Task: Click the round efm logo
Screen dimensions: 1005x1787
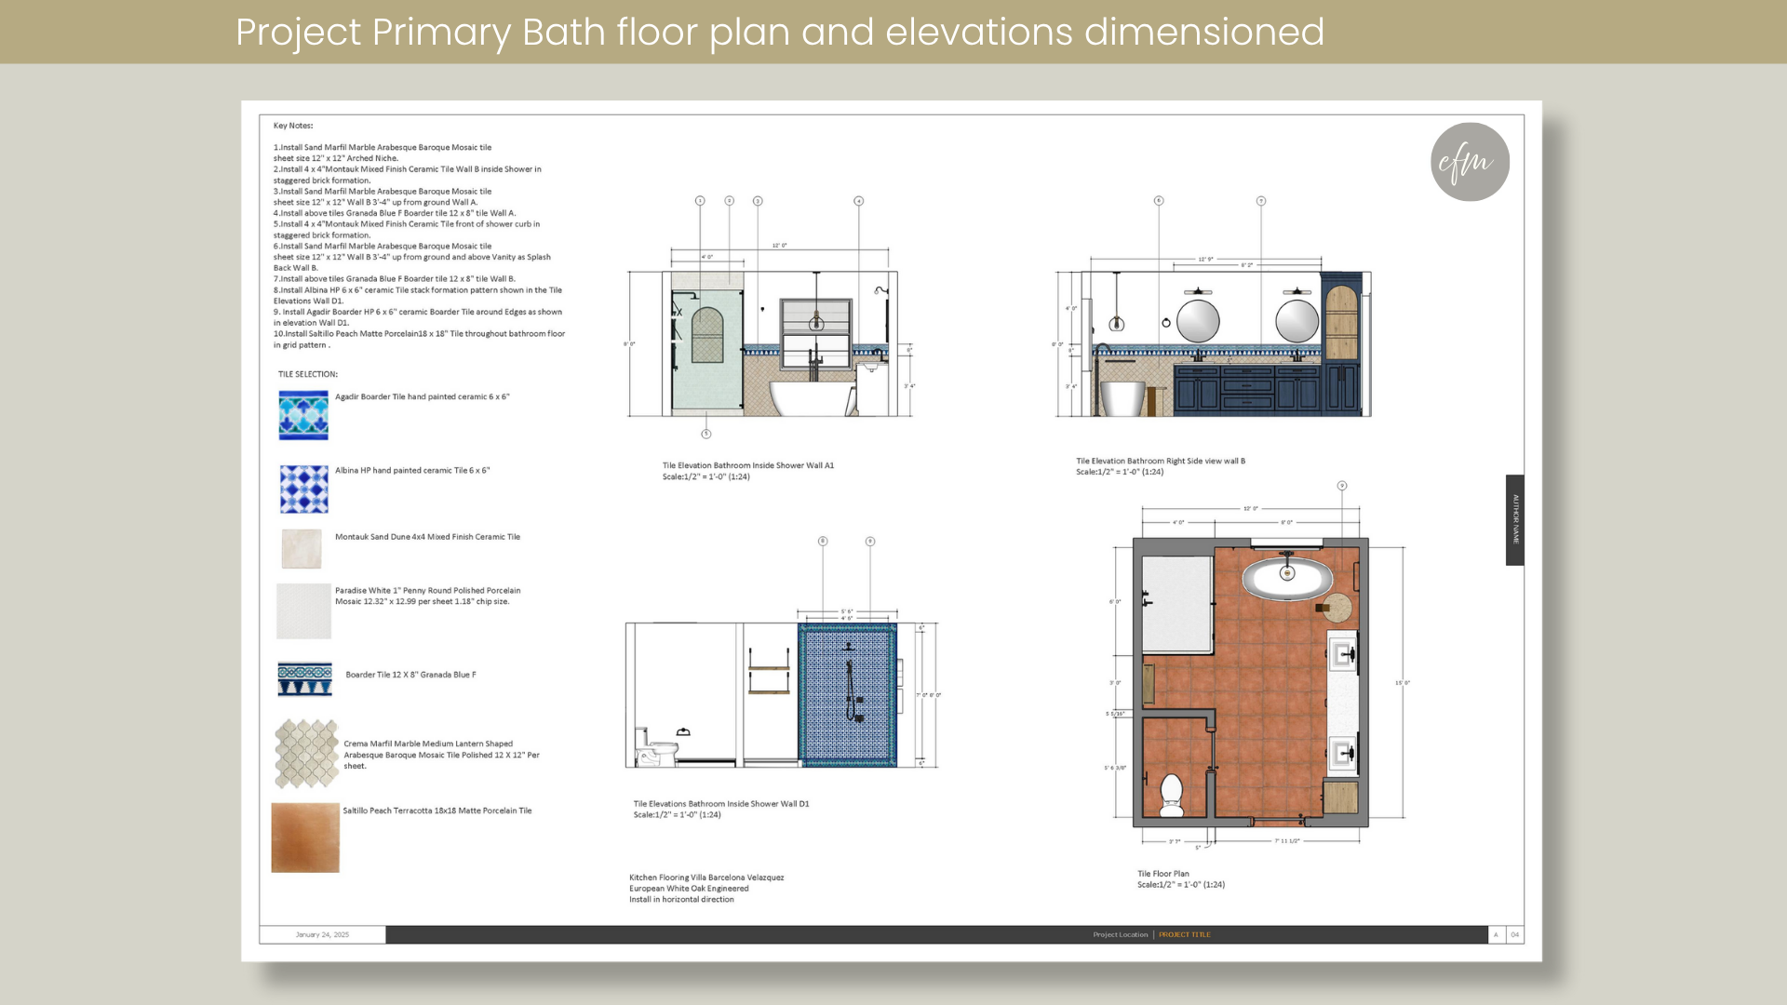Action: coord(1470,162)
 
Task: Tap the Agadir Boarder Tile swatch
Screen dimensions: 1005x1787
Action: coord(303,415)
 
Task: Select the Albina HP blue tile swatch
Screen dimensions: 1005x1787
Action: coord(304,489)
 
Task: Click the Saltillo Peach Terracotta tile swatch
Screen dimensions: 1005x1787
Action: coord(305,837)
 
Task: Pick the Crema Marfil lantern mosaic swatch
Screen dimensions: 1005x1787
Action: coord(306,753)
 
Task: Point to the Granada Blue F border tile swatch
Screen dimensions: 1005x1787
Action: coord(304,678)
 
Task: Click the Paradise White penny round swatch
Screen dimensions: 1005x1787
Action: coord(303,610)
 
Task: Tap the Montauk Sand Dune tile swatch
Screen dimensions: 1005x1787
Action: coord(302,548)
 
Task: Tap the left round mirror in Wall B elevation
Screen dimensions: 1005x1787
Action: coord(1198,321)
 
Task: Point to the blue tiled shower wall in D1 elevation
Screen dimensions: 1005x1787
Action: coord(847,693)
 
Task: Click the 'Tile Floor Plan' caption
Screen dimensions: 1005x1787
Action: coord(1162,874)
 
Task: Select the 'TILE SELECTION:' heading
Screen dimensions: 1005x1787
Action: coord(307,374)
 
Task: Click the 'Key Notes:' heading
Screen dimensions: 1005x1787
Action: coord(293,126)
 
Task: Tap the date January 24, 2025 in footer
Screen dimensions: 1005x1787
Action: coord(322,934)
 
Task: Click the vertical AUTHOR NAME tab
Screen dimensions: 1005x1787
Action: coord(1514,519)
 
